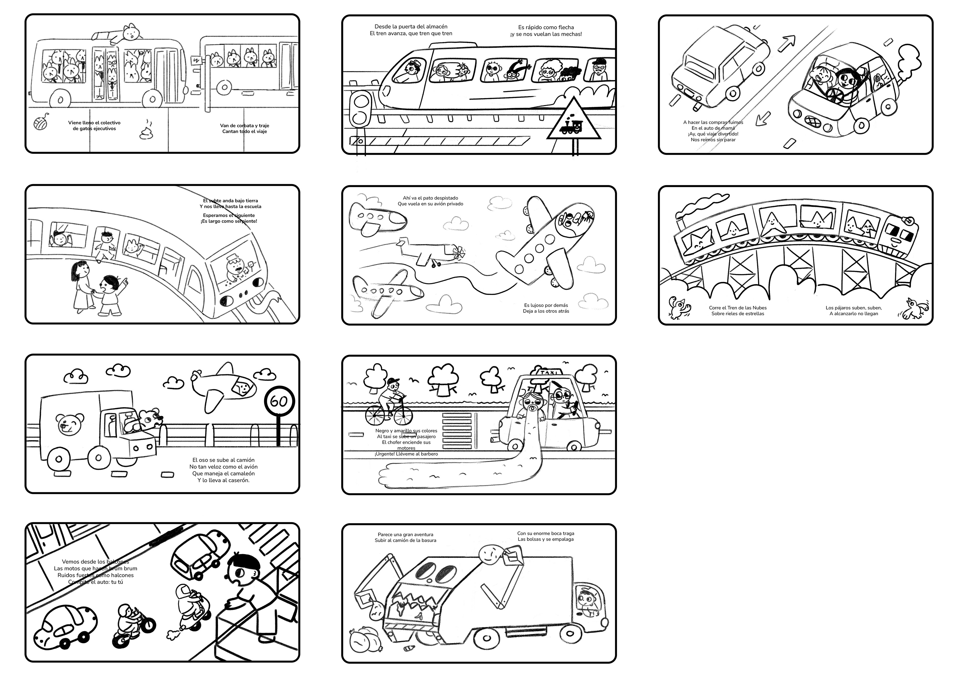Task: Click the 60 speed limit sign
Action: click(279, 401)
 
